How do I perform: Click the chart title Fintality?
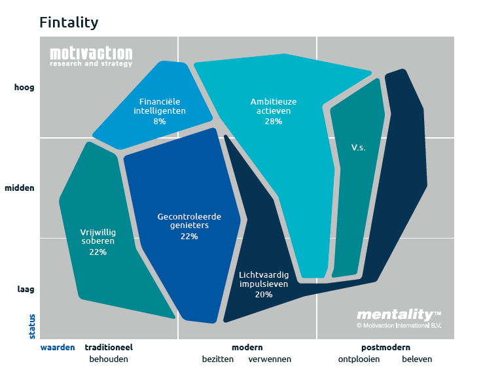[69, 23]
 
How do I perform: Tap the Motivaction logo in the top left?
[91, 57]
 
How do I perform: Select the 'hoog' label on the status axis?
[24, 88]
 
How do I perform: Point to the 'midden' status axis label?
[20, 188]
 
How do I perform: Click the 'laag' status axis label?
[25, 289]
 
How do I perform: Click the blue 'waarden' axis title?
[58, 348]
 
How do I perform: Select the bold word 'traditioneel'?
[109, 348]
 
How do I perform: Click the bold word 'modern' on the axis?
[247, 348]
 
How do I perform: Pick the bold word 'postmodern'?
[385, 348]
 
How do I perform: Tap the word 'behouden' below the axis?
[109, 359]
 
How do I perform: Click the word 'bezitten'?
[219, 359]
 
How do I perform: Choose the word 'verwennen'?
[270, 359]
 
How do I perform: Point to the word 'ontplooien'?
[359, 359]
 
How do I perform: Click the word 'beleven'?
[417, 359]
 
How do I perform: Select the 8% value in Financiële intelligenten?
[159, 121]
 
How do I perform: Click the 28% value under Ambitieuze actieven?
[274, 121]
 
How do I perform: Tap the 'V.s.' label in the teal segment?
[358, 148]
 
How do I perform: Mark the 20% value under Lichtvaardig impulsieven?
[264, 295]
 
